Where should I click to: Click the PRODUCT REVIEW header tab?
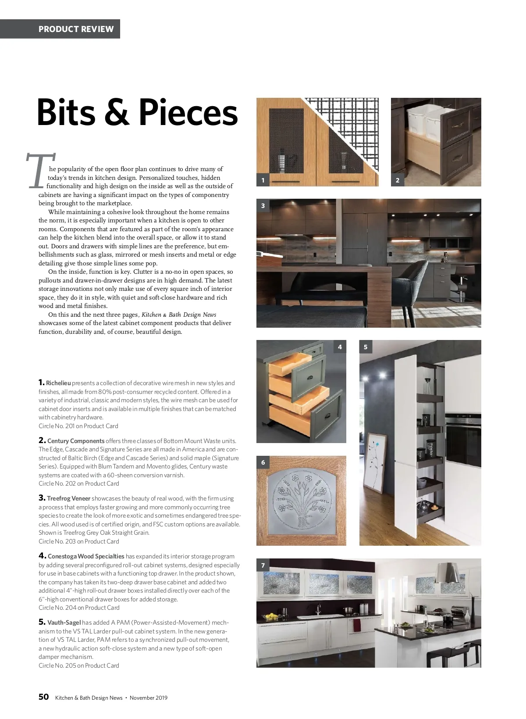76,29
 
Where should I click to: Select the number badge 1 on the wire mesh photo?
263,180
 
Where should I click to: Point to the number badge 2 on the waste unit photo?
398,180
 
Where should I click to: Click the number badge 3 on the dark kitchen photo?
263,205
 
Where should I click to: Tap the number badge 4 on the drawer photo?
340,347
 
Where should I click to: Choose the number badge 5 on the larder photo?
366,347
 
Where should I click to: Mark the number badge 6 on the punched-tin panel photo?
263,462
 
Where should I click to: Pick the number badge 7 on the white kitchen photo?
263,565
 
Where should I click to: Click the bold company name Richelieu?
58,383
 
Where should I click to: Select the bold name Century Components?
76,441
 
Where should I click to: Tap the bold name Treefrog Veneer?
68,498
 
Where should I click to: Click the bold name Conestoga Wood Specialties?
86,556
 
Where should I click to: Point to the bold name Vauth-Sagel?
64,622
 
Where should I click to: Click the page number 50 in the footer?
43,698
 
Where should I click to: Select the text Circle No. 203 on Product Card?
79,541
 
